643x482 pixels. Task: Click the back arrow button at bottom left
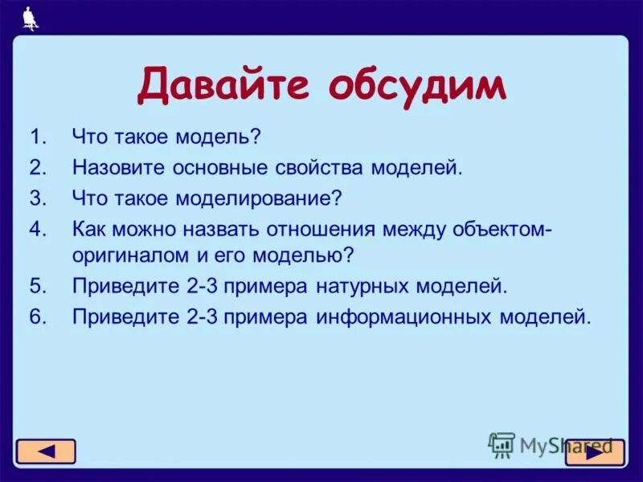pos(46,451)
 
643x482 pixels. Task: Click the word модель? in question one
pos(244,137)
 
